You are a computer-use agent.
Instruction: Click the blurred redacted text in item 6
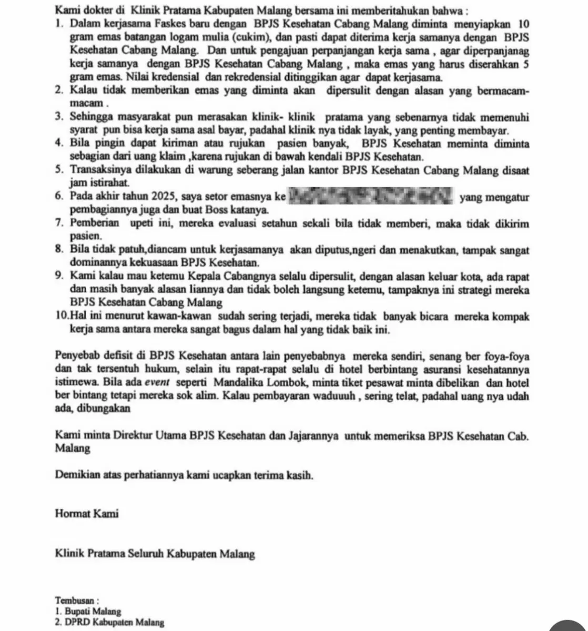(x=371, y=197)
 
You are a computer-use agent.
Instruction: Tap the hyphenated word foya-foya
(x=506, y=355)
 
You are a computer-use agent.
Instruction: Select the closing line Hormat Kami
(x=86, y=514)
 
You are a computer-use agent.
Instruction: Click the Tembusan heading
(x=77, y=600)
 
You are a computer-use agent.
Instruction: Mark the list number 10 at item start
(x=60, y=317)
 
